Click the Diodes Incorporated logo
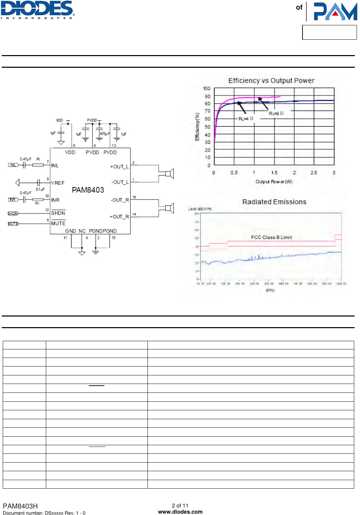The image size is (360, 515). (38, 10)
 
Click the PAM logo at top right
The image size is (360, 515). (335, 12)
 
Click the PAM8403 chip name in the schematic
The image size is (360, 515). (88, 190)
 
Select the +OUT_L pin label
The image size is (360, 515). (119, 167)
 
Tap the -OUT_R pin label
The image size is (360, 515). (120, 200)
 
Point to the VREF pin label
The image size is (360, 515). (58, 183)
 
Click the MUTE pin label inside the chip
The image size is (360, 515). (58, 223)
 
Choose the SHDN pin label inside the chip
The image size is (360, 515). (58, 213)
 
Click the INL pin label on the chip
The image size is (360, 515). (55, 166)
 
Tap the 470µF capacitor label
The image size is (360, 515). (105, 134)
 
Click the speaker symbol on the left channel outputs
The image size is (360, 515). (170, 174)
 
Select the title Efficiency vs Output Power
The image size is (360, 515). (271, 81)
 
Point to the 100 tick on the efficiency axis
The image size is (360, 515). (207, 88)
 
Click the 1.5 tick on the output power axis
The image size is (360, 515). (274, 173)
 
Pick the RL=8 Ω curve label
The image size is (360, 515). (276, 113)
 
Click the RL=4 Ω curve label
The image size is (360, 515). (246, 119)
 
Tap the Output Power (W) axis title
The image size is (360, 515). (274, 182)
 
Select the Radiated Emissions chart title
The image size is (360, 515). (274, 202)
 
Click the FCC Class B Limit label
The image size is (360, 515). (271, 237)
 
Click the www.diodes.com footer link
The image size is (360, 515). (180, 512)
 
